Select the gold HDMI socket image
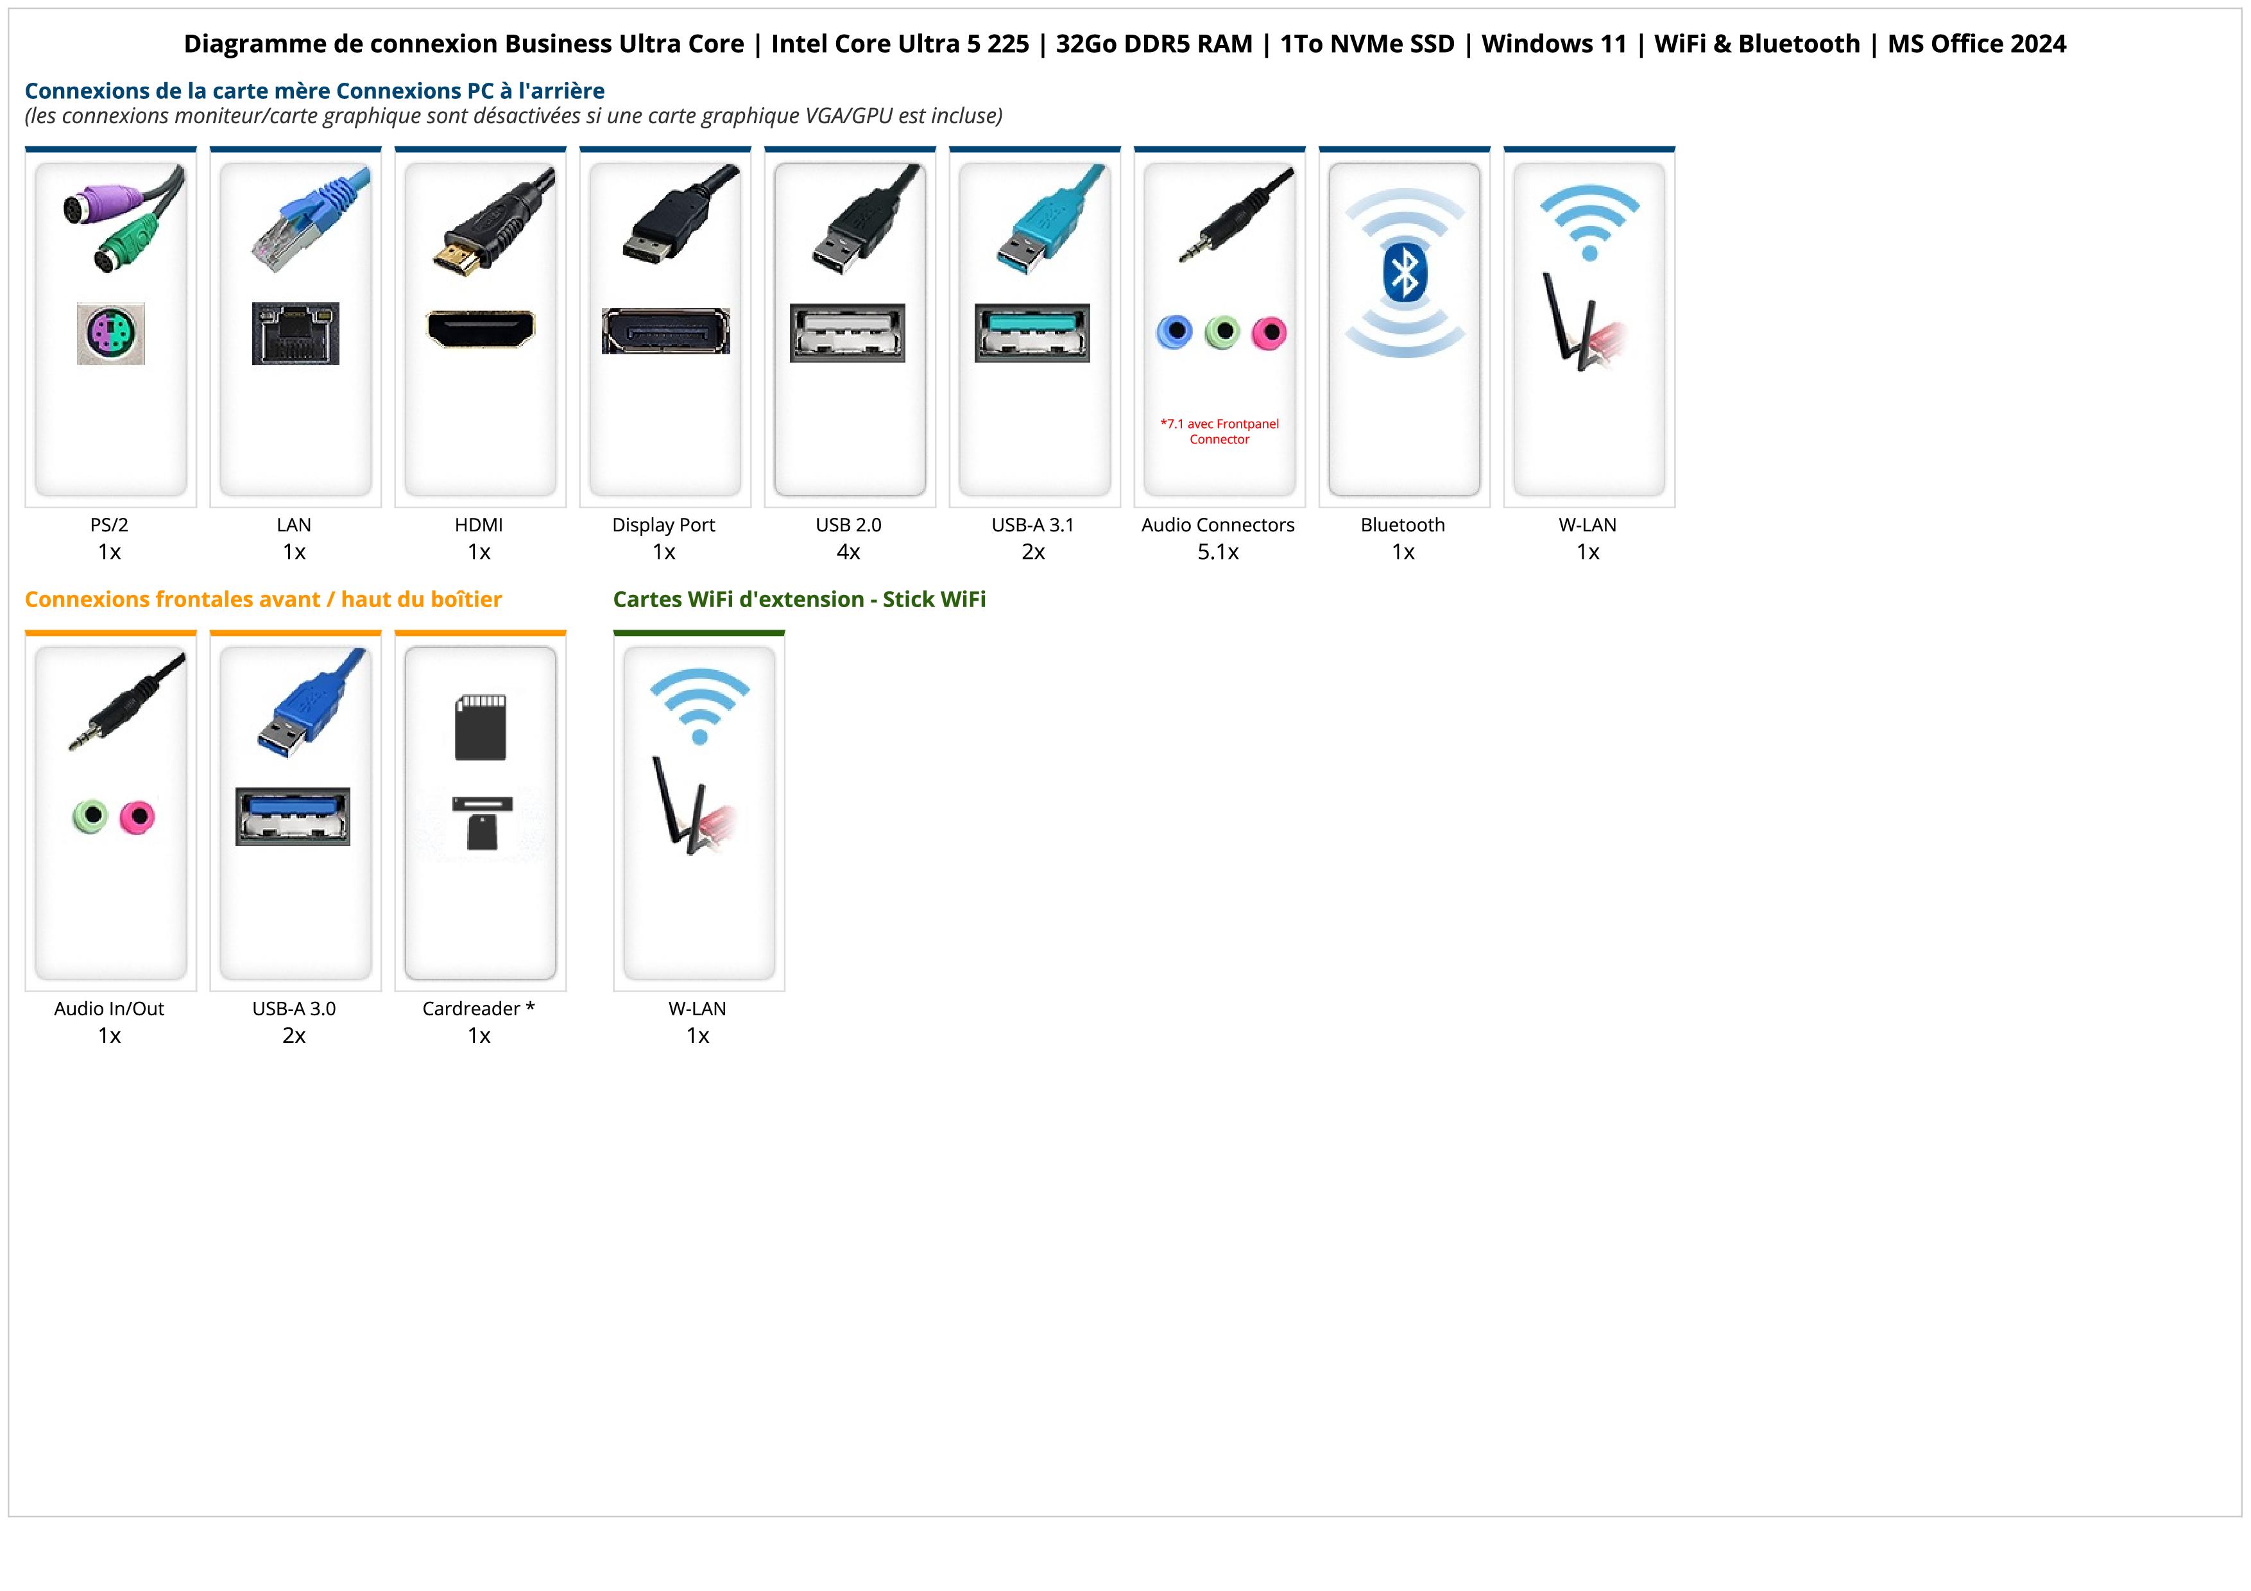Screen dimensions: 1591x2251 (481, 329)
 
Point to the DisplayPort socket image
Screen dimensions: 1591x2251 (665, 331)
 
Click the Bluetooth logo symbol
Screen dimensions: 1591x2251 (1404, 273)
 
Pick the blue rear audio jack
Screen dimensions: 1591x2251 (1174, 332)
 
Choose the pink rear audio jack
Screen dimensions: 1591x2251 (1269, 333)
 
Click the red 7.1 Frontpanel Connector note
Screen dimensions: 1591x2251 (1220, 431)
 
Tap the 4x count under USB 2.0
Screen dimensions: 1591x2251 (848, 552)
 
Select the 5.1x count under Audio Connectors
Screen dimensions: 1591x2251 (1218, 552)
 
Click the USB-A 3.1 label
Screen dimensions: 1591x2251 (1032, 524)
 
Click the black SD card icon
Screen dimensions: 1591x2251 (481, 727)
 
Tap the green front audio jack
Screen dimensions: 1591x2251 (90, 816)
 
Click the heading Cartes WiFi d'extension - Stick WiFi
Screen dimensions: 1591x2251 (799, 599)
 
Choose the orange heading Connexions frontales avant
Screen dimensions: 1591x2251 (262, 599)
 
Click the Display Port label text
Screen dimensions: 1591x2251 (663, 524)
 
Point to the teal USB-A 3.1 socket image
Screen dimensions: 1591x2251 (1032, 332)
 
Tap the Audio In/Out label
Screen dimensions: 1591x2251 (109, 1009)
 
